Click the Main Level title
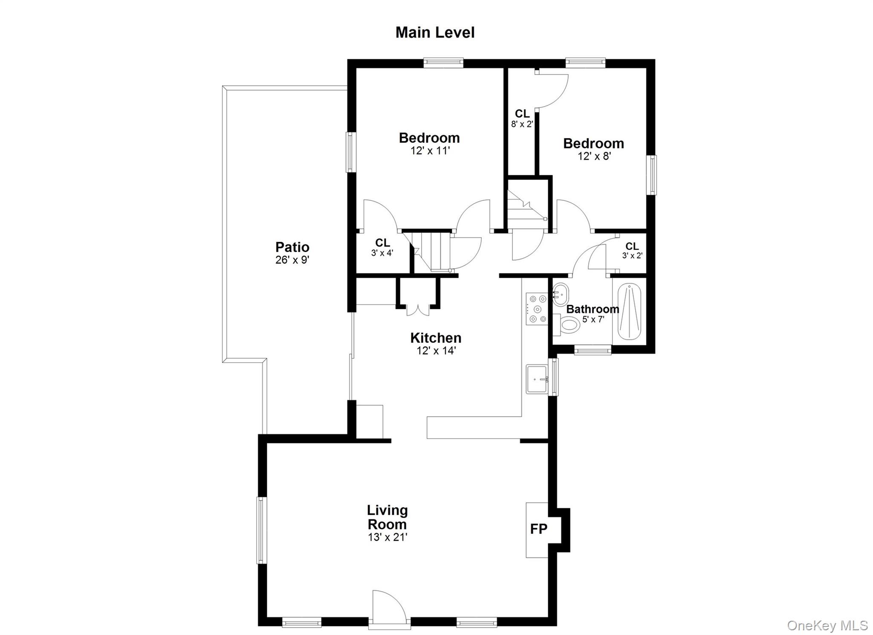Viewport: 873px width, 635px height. tap(435, 33)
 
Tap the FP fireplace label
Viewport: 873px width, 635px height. tap(538, 529)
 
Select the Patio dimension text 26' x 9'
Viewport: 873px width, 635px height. tap(292, 260)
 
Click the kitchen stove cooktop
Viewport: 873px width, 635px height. tap(537, 309)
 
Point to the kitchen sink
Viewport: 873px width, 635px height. tap(537, 379)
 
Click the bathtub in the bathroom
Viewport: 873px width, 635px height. tap(629, 313)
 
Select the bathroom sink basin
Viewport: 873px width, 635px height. tap(561, 293)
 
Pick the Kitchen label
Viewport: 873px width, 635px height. tap(436, 338)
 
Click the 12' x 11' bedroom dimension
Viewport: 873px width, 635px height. tap(429, 151)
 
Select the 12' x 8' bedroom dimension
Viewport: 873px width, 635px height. tap(594, 156)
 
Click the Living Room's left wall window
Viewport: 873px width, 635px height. tap(261, 530)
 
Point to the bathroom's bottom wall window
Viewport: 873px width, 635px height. tap(593, 350)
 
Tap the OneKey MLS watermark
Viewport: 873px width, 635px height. tap(827, 625)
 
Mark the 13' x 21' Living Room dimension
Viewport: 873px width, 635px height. tap(387, 537)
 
